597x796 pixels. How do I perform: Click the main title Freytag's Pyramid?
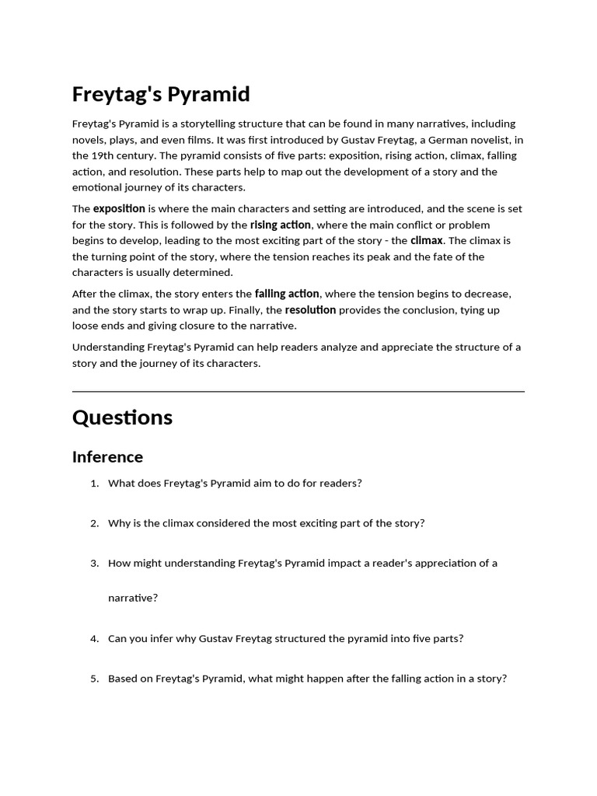[161, 95]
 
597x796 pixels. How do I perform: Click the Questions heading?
[122, 417]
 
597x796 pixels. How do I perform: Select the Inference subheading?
[107, 456]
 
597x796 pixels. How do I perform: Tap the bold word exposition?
[119, 208]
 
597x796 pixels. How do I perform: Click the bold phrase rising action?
[281, 225]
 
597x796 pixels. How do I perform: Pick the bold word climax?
[427, 240]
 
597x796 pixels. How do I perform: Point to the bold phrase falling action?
[287, 294]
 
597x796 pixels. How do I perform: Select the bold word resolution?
[310, 309]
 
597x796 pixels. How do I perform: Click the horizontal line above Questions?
[298, 392]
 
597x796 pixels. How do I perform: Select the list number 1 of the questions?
[94, 484]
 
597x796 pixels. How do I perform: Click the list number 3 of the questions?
[94, 563]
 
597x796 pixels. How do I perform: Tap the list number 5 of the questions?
[94, 679]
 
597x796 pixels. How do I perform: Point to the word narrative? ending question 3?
[133, 598]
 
